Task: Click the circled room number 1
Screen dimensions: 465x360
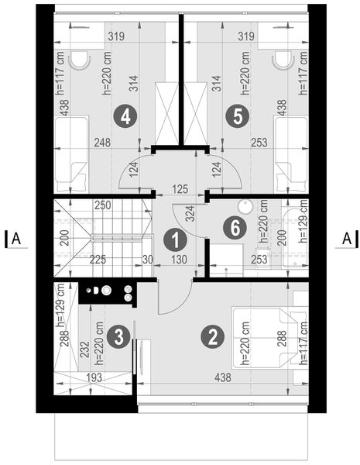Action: (176, 240)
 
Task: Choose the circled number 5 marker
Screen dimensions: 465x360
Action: (238, 116)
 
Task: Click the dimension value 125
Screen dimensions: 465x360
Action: (180, 188)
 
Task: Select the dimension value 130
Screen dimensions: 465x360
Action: (178, 260)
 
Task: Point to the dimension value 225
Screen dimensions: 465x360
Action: (98, 260)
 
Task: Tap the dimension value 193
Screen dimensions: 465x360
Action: (94, 377)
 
